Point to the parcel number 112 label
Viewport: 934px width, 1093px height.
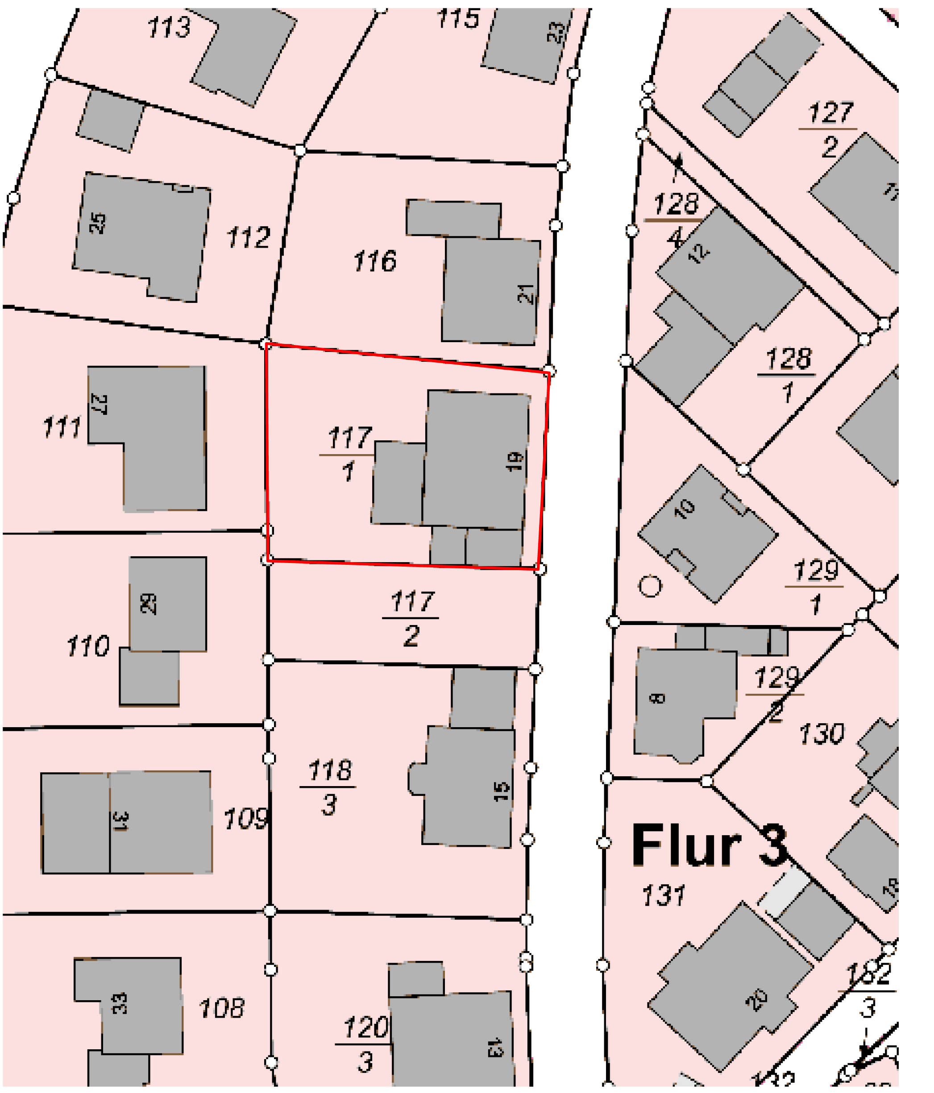248,237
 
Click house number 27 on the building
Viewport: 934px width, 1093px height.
99,404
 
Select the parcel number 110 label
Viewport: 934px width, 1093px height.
87,646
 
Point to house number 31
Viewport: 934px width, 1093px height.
120,821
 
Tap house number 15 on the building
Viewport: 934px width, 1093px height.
501,791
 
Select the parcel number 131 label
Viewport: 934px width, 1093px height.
663,896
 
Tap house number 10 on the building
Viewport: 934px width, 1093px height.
685,509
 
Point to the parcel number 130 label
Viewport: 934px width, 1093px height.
821,734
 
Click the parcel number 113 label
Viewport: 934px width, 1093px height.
168,27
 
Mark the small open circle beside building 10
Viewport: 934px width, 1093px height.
650,586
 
